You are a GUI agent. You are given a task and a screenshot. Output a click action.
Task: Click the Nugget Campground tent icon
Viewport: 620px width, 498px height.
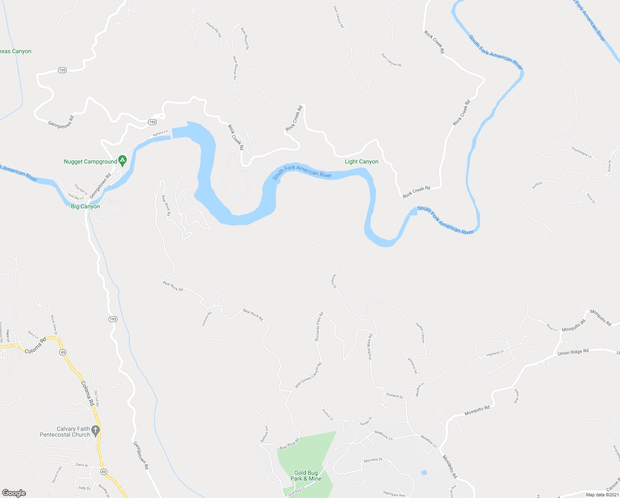tap(122, 160)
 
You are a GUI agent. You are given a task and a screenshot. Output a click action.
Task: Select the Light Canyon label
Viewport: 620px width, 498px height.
tap(361, 162)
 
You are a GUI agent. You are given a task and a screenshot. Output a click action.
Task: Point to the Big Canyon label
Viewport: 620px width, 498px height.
tap(85, 207)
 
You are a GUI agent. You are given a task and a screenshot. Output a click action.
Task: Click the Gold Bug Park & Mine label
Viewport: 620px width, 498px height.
tap(306, 476)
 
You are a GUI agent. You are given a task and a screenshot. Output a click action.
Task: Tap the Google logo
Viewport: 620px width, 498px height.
tap(14, 493)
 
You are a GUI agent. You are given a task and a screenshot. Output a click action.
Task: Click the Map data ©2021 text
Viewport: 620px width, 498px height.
tap(602, 495)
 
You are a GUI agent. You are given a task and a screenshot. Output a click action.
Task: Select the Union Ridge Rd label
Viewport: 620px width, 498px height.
tap(573, 352)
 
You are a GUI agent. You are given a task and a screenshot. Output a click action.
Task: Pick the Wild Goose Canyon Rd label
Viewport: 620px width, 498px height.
tap(308, 376)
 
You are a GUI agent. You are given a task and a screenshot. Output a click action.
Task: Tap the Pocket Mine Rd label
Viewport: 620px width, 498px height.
tap(370, 347)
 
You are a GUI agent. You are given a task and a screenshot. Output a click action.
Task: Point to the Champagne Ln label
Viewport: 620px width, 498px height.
tap(581, 152)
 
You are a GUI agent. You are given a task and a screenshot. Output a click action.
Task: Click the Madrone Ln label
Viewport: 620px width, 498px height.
tap(383, 435)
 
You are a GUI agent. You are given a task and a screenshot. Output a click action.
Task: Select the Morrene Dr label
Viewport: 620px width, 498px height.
tap(373, 460)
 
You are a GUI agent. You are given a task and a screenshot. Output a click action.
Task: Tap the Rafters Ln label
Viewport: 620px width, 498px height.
tap(160, 133)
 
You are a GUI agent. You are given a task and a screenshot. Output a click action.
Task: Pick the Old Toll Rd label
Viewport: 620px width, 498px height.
tap(97, 398)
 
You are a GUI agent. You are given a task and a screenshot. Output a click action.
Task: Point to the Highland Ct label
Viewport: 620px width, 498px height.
tap(495, 354)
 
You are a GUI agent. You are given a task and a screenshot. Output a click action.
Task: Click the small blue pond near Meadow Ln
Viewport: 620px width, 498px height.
tap(424, 473)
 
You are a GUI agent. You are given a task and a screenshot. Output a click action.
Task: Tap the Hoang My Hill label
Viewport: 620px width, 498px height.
tap(214, 30)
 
